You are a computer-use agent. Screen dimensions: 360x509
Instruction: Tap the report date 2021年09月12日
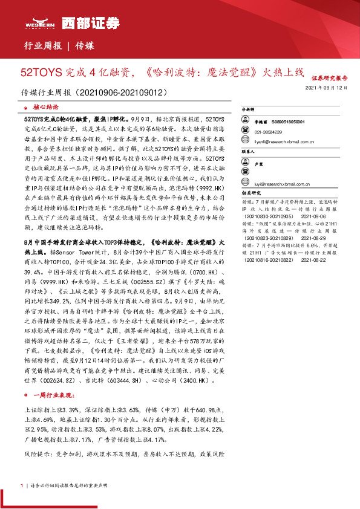tap(327, 88)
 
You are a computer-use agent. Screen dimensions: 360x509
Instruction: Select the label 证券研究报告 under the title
tap(330, 79)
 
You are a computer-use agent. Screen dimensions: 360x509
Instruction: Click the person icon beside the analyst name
tap(246, 122)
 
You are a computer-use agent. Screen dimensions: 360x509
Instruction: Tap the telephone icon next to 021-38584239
tap(246, 131)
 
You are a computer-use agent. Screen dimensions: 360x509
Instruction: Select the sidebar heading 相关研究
tap(252, 194)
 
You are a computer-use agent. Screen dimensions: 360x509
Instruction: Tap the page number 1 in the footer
tap(21, 485)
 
